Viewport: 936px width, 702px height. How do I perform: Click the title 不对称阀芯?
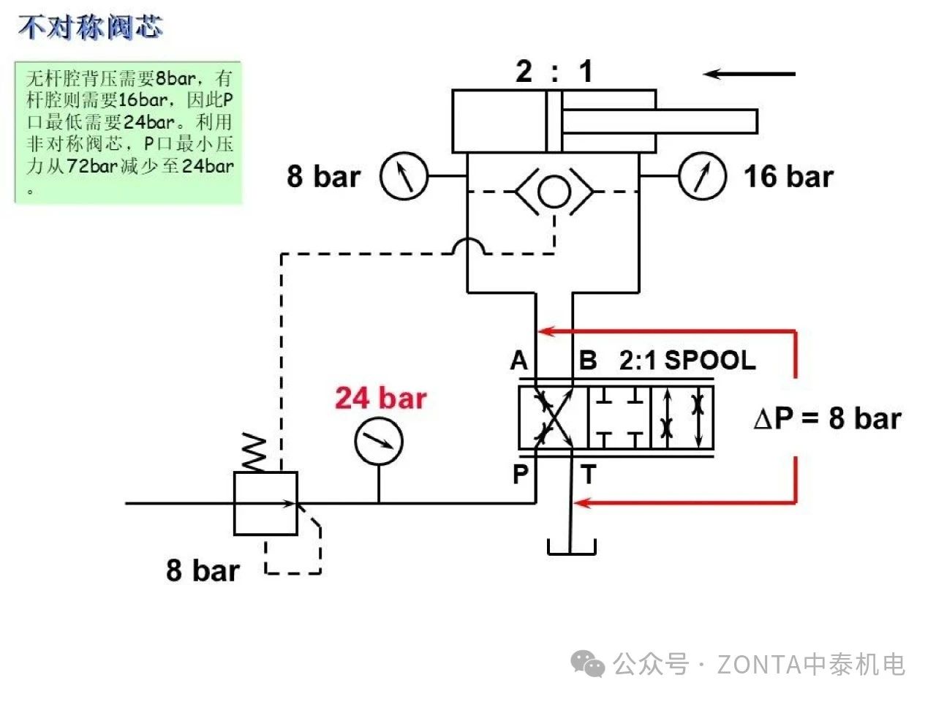coord(91,28)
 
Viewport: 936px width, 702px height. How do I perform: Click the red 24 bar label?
coord(380,399)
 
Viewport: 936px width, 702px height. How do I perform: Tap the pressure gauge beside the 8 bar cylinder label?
coord(403,175)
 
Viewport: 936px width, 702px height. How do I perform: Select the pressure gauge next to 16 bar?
coord(702,175)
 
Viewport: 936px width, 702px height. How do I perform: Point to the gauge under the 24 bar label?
coord(379,441)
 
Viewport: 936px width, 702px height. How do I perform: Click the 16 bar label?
coord(788,177)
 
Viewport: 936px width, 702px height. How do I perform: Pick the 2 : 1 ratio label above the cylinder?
coord(554,72)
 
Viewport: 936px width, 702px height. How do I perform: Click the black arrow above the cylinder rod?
coord(749,74)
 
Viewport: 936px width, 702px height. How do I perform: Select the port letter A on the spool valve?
coord(519,361)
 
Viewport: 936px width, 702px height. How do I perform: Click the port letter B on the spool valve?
coord(587,361)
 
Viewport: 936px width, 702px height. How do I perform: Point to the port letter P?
coord(520,475)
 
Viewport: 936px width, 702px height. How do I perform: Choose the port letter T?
coord(588,475)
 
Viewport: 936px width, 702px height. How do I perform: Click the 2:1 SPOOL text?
coord(687,361)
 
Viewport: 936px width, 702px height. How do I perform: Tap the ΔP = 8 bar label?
coord(827,419)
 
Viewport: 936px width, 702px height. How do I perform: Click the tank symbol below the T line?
coord(572,547)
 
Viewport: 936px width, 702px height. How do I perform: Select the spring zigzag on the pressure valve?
coord(254,453)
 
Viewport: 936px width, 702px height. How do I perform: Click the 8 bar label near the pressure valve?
coord(203,570)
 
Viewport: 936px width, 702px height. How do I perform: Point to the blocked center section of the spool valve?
coord(619,418)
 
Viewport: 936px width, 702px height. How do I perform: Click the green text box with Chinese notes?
coord(129,132)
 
